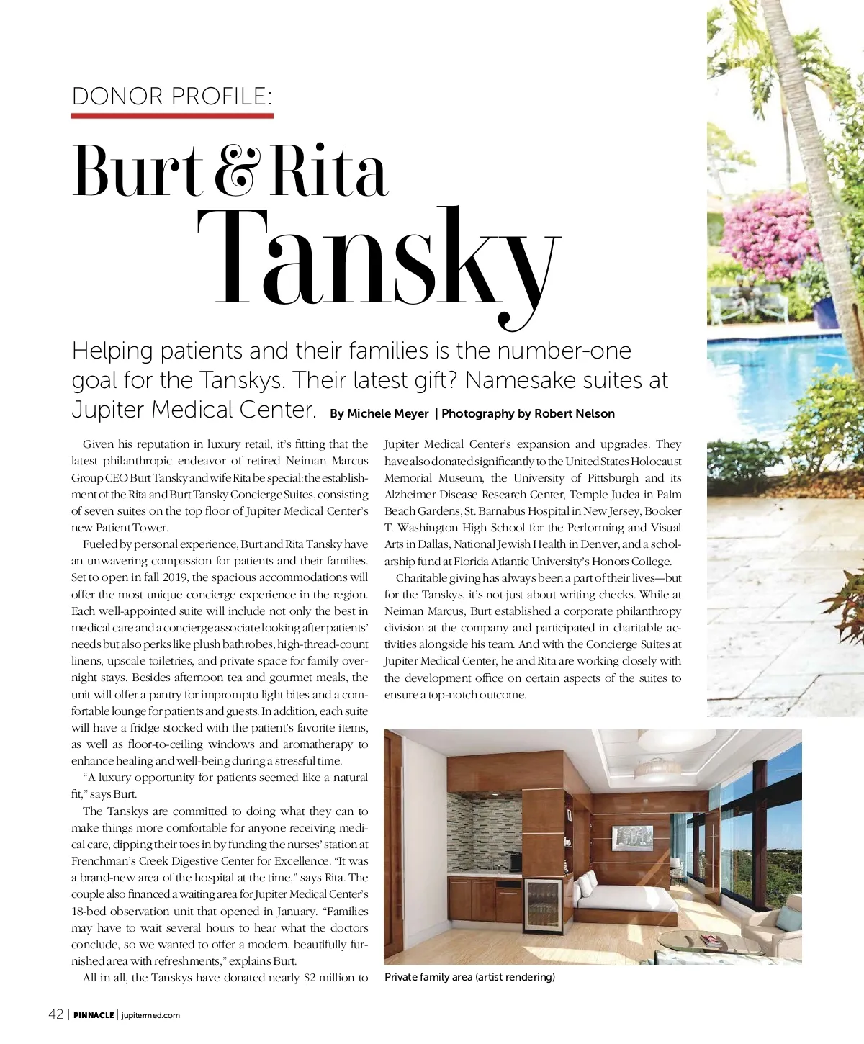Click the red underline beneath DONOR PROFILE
tap(172, 115)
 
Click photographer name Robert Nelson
tap(575, 413)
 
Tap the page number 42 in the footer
tap(55, 1014)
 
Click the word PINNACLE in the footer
tap(94, 1015)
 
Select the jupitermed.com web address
tap(151, 1015)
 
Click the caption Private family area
tap(469, 977)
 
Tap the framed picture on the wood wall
tap(633, 837)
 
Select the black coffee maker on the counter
tap(516, 861)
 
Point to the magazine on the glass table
tap(711, 939)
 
